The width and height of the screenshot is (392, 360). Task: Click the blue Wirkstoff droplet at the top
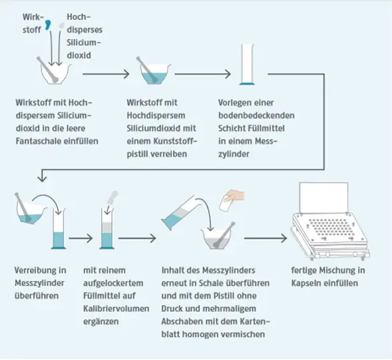[48, 25]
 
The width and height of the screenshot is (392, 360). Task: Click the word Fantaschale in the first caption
[39, 141]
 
